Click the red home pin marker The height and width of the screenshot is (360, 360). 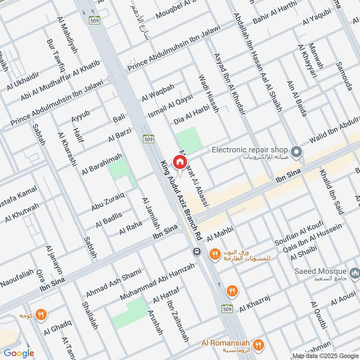coord(180,162)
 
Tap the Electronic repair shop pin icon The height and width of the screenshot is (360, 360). coord(296,153)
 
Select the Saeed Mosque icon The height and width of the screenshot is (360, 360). coord(355,272)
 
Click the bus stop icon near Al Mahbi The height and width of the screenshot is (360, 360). coord(196,252)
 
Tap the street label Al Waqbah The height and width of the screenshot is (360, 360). coord(157,92)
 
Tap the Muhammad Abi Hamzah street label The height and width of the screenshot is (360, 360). coord(157,282)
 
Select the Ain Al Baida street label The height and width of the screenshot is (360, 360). coord(297,99)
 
